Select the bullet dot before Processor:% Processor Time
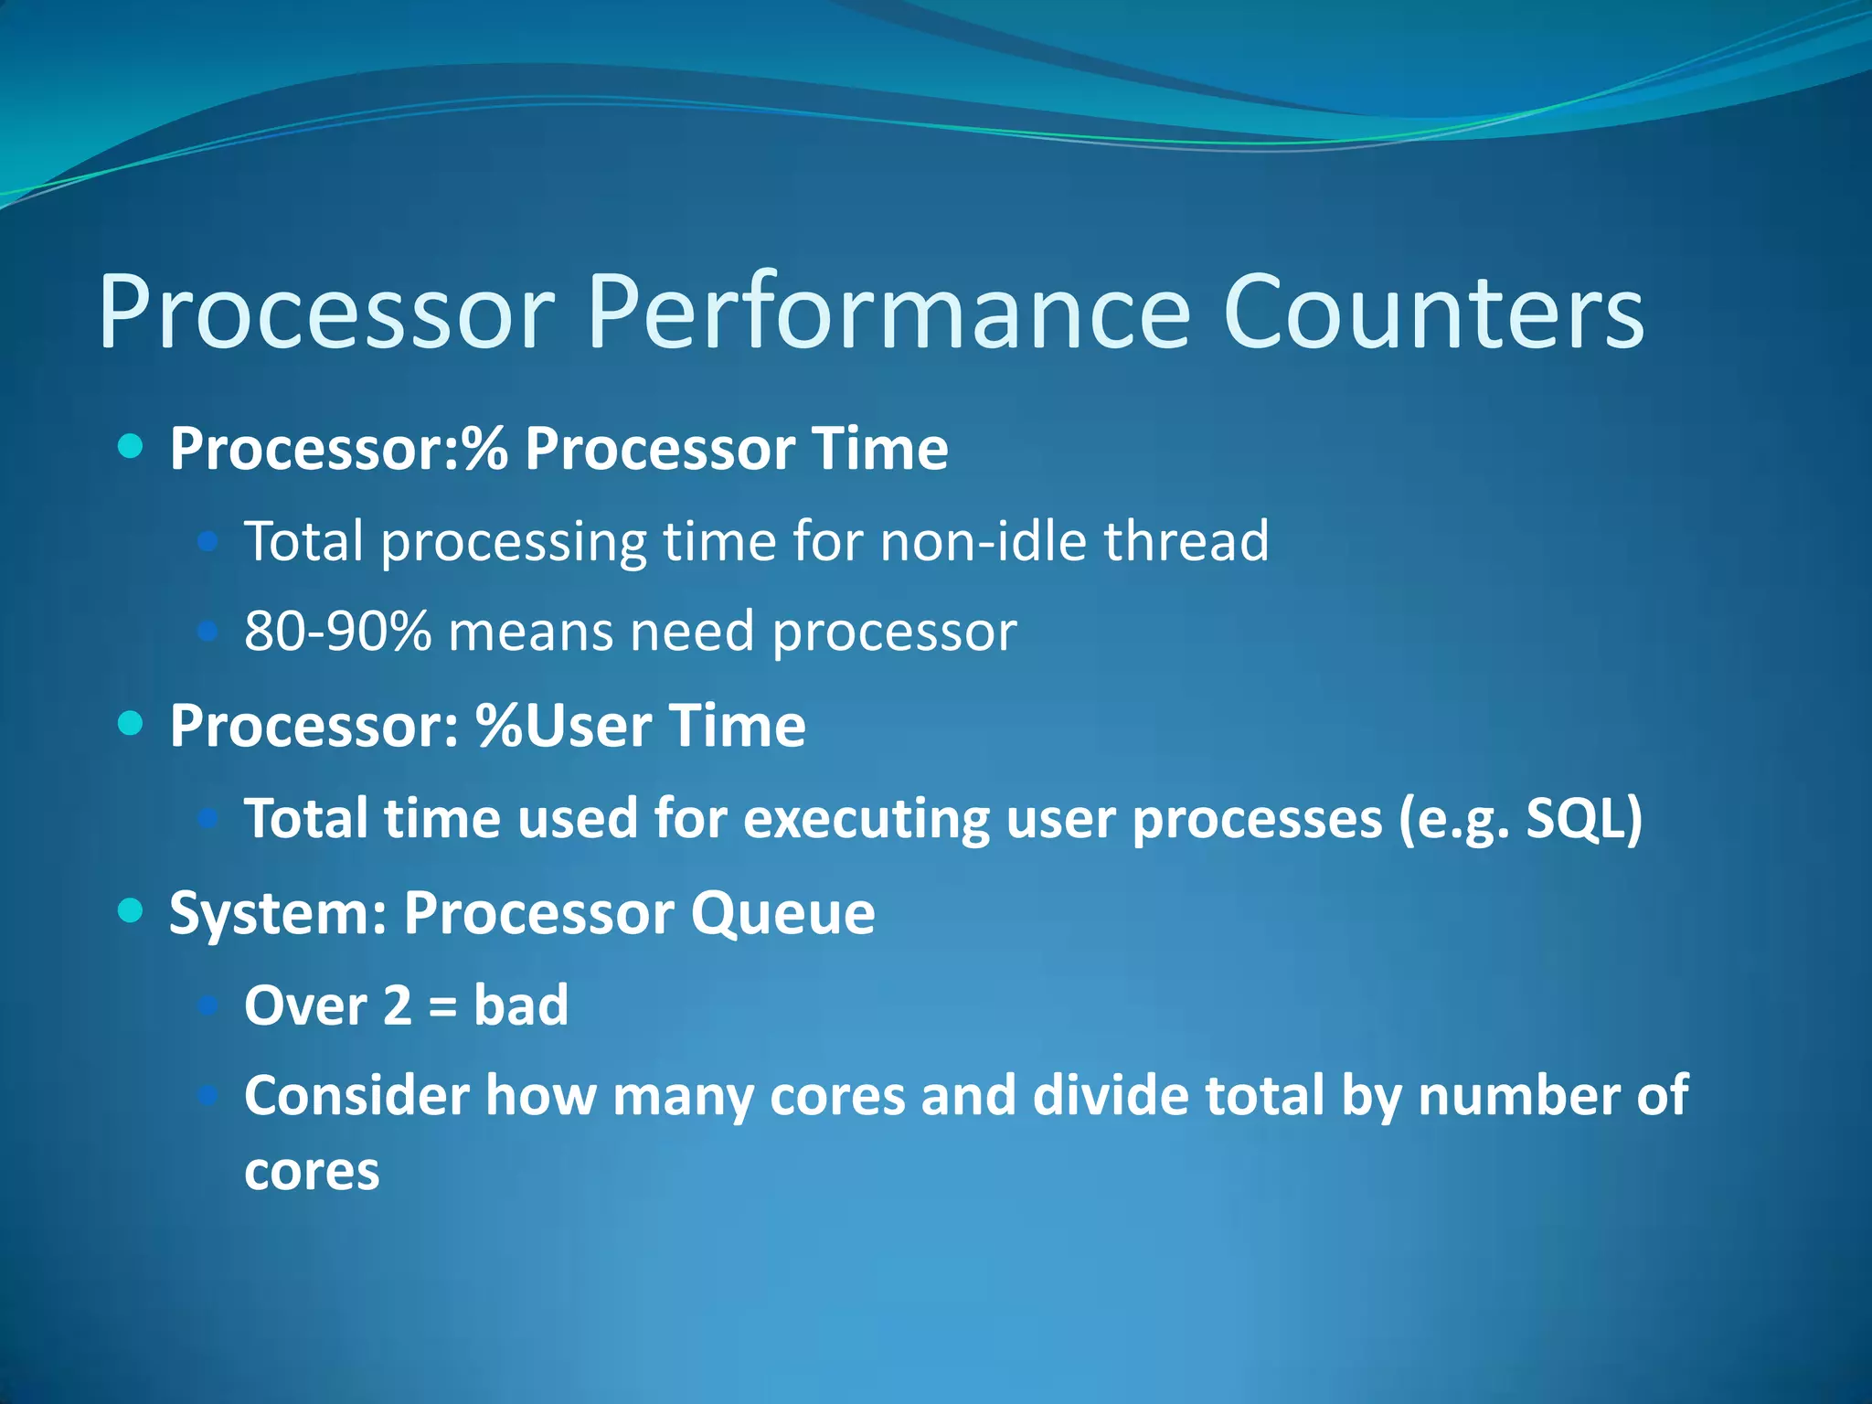tap(132, 447)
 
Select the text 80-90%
tap(337, 632)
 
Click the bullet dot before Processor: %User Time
tap(132, 724)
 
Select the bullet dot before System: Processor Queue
tap(132, 910)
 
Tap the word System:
tap(279, 914)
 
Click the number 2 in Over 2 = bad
tap(398, 1005)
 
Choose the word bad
tap(521, 1005)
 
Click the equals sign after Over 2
tap(442, 1008)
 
